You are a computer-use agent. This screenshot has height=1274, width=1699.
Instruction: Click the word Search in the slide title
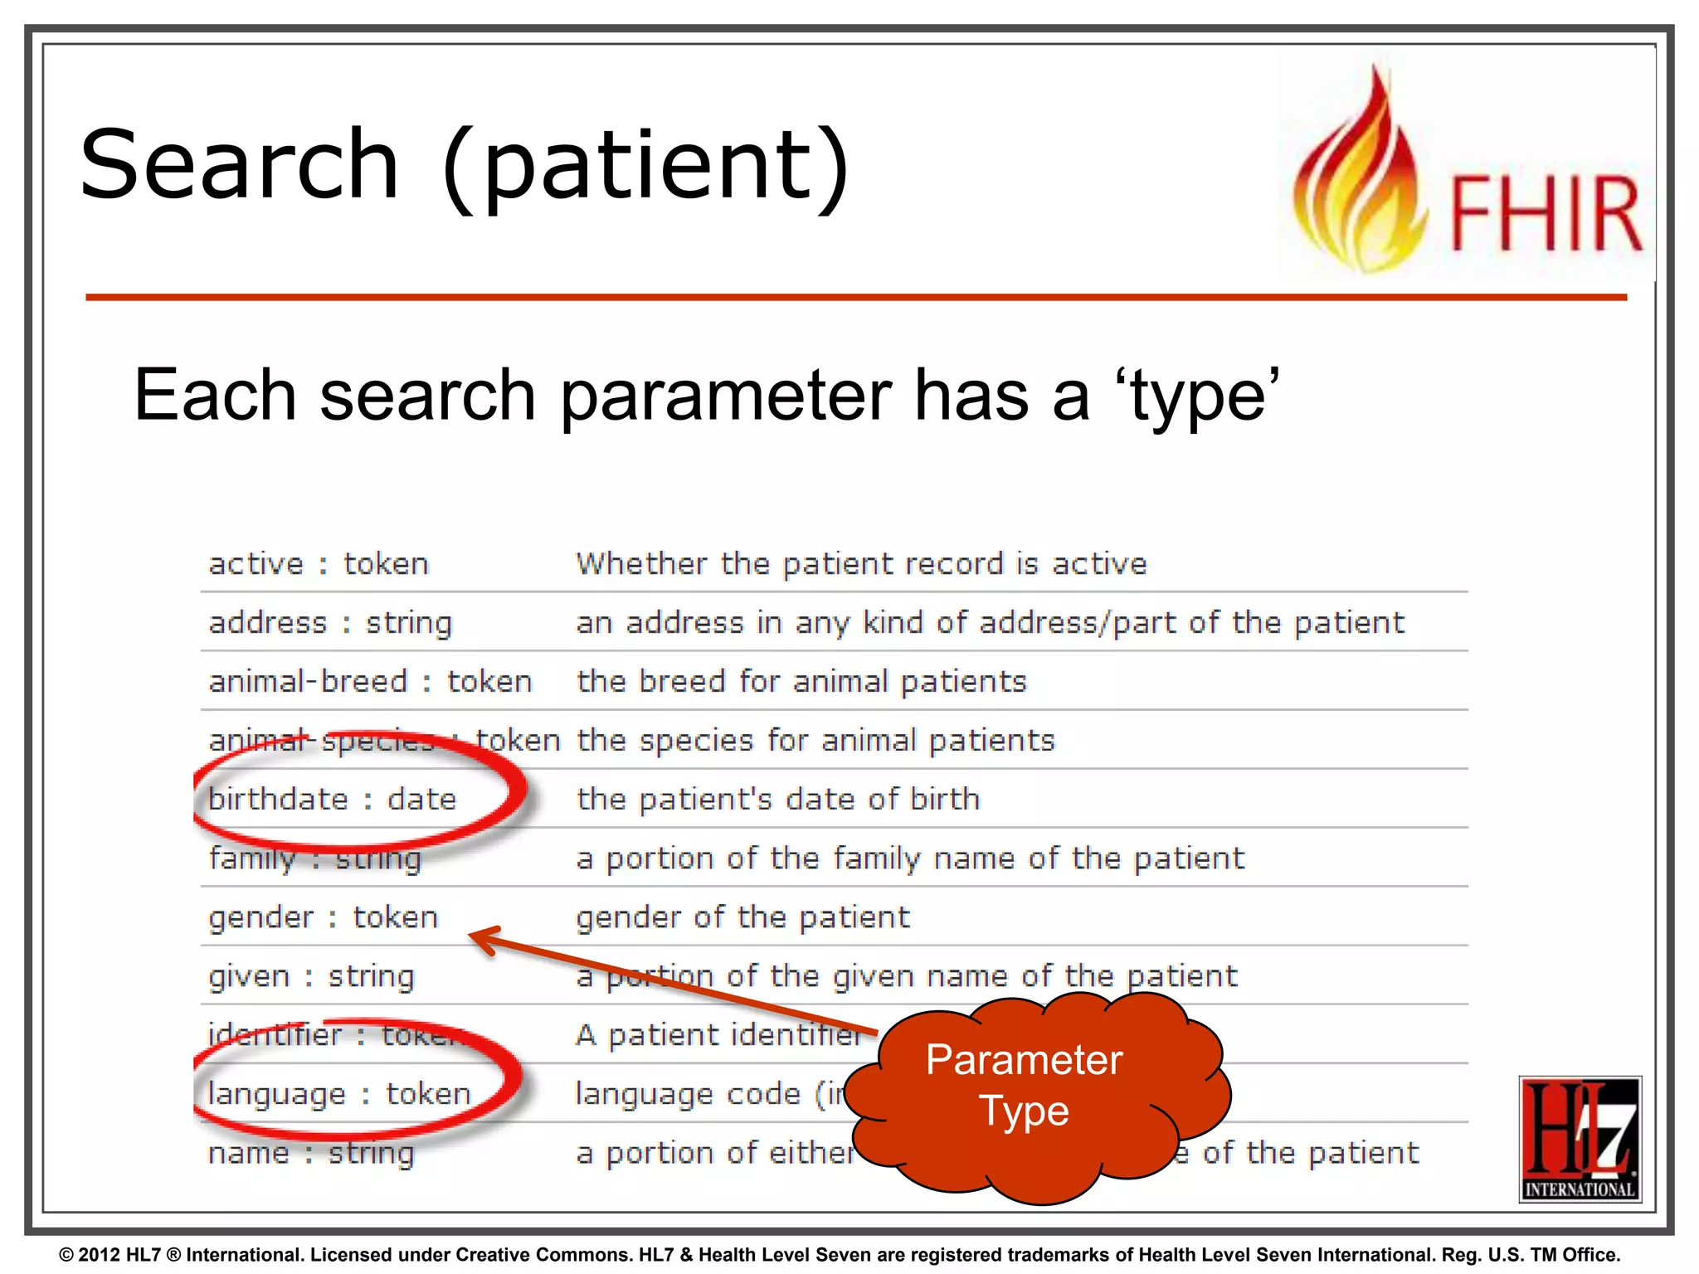point(240,165)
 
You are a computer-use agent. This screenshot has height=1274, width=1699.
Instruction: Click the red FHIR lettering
point(1546,214)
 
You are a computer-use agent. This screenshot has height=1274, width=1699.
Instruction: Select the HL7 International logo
point(1580,1138)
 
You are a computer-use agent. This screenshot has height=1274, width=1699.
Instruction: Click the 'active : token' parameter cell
point(319,564)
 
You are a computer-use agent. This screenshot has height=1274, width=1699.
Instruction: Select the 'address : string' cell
point(330,623)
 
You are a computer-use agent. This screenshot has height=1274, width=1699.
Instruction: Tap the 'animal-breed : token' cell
point(370,682)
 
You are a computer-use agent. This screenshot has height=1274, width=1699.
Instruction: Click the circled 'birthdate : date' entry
point(333,800)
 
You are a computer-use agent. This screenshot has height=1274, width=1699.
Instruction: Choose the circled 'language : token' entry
point(339,1094)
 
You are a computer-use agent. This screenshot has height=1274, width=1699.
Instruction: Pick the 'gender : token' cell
point(323,918)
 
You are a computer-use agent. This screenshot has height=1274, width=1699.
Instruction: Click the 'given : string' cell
point(311,977)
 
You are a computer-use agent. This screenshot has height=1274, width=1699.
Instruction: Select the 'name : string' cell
point(311,1154)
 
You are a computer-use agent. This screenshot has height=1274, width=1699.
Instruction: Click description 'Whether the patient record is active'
point(861,564)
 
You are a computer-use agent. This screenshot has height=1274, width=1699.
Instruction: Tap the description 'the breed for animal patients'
point(801,682)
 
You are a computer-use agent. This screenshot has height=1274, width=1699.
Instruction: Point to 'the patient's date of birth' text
point(778,800)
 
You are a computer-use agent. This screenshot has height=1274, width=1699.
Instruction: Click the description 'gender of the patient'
point(742,918)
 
